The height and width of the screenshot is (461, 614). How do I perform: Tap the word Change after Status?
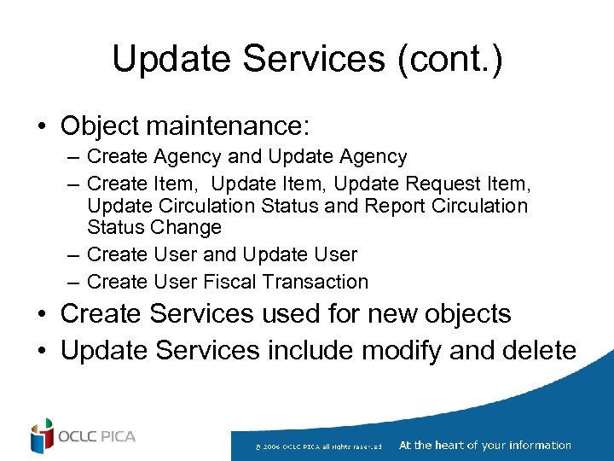[186, 228]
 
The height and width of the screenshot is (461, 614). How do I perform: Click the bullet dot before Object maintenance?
[41, 127]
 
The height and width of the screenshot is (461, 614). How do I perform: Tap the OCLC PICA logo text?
[97, 437]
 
